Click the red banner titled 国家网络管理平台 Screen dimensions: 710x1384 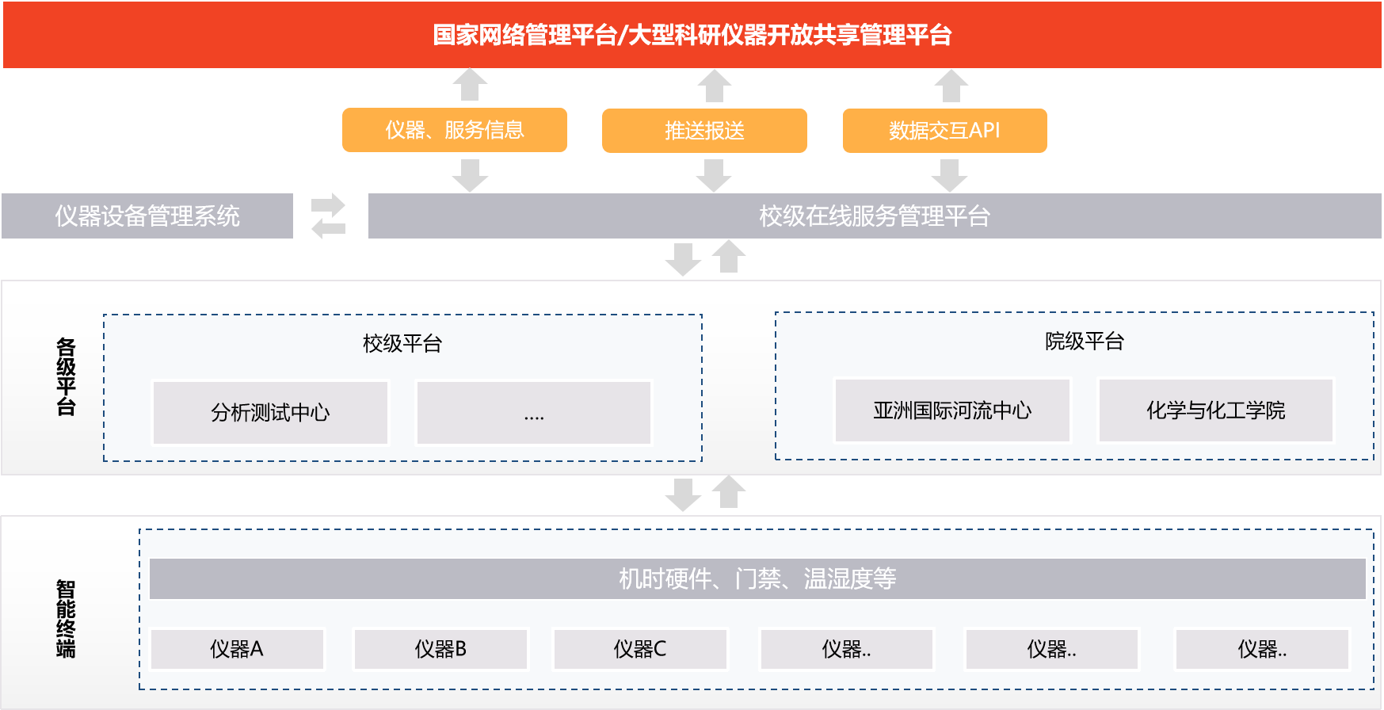(692, 36)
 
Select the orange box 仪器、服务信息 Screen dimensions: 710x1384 (454, 130)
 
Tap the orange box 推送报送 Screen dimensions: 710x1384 (704, 131)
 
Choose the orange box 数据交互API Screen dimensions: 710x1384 (944, 131)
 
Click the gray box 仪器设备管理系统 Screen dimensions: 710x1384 (147, 216)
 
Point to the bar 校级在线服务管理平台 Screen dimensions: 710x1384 (874, 216)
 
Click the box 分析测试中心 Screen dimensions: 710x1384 (270, 413)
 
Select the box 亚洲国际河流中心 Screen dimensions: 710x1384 (952, 410)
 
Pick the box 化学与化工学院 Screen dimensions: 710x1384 (1215, 410)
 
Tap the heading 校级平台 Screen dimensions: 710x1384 (402, 344)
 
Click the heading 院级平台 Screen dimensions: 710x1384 (1085, 342)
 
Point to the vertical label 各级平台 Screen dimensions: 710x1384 (66, 377)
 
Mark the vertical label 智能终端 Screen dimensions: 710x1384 (66, 619)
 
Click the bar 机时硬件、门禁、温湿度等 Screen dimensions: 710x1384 (757, 579)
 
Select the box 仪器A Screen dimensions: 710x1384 (237, 650)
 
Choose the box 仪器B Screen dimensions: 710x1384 (440, 650)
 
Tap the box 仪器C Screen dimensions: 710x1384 (640, 650)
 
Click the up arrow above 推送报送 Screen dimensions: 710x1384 (714, 86)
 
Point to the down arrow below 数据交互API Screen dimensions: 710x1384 (949, 175)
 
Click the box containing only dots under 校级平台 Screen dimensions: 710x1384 (534, 413)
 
